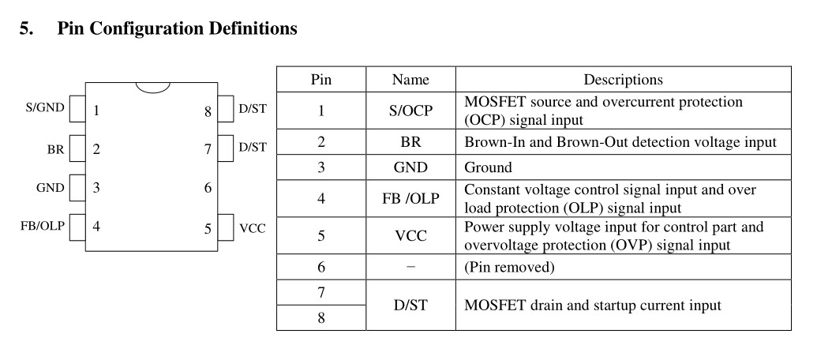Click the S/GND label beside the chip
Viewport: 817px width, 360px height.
(x=45, y=108)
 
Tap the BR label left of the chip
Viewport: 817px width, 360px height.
(x=56, y=149)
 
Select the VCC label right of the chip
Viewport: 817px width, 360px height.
(x=252, y=228)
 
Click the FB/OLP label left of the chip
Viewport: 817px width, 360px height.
(x=43, y=226)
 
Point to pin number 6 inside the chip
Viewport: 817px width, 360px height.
(x=208, y=188)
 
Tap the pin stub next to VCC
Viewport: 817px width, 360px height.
(x=226, y=227)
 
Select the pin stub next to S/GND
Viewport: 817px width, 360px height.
(x=77, y=109)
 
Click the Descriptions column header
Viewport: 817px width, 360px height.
(x=623, y=80)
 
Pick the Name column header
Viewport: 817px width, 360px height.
(x=410, y=80)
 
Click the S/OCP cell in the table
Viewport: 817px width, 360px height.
(x=410, y=111)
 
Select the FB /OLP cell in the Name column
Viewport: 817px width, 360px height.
(x=410, y=198)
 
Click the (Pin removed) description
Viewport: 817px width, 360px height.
(x=509, y=268)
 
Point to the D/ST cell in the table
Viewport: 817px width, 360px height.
(x=410, y=305)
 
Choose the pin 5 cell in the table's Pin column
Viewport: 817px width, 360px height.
(x=321, y=236)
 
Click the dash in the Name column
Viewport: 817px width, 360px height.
(x=410, y=267)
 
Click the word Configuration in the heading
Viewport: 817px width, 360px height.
(x=147, y=28)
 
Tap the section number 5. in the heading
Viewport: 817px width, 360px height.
(x=27, y=28)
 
